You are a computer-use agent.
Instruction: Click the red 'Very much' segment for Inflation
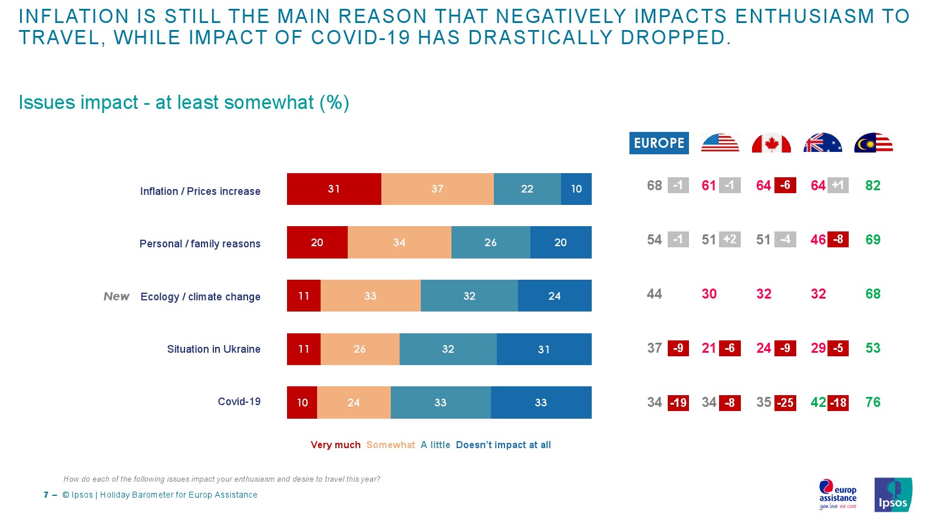tap(334, 189)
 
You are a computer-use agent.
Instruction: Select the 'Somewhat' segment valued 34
tap(399, 242)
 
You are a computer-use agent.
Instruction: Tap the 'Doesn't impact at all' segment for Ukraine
tap(543, 349)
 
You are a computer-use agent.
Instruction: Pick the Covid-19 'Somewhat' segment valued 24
tap(354, 403)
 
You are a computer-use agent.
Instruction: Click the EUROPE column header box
tap(659, 143)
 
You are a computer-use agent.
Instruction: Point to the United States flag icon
tap(720, 143)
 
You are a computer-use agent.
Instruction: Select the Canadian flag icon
tap(771, 143)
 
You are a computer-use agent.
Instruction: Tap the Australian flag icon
tap(822, 143)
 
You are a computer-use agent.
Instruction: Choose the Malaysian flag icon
tap(873, 143)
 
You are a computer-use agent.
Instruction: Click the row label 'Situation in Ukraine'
tap(213, 349)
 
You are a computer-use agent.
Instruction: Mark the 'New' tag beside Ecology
tap(116, 296)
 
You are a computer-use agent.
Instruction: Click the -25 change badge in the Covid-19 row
tap(785, 403)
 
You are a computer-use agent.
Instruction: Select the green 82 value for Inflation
tap(873, 186)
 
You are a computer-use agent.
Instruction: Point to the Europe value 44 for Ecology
tap(654, 294)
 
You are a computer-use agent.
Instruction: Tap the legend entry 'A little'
tap(435, 445)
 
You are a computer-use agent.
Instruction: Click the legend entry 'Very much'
tap(335, 445)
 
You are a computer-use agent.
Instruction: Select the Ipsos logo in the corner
tap(893, 495)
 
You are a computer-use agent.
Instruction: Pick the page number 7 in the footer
tap(46, 495)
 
